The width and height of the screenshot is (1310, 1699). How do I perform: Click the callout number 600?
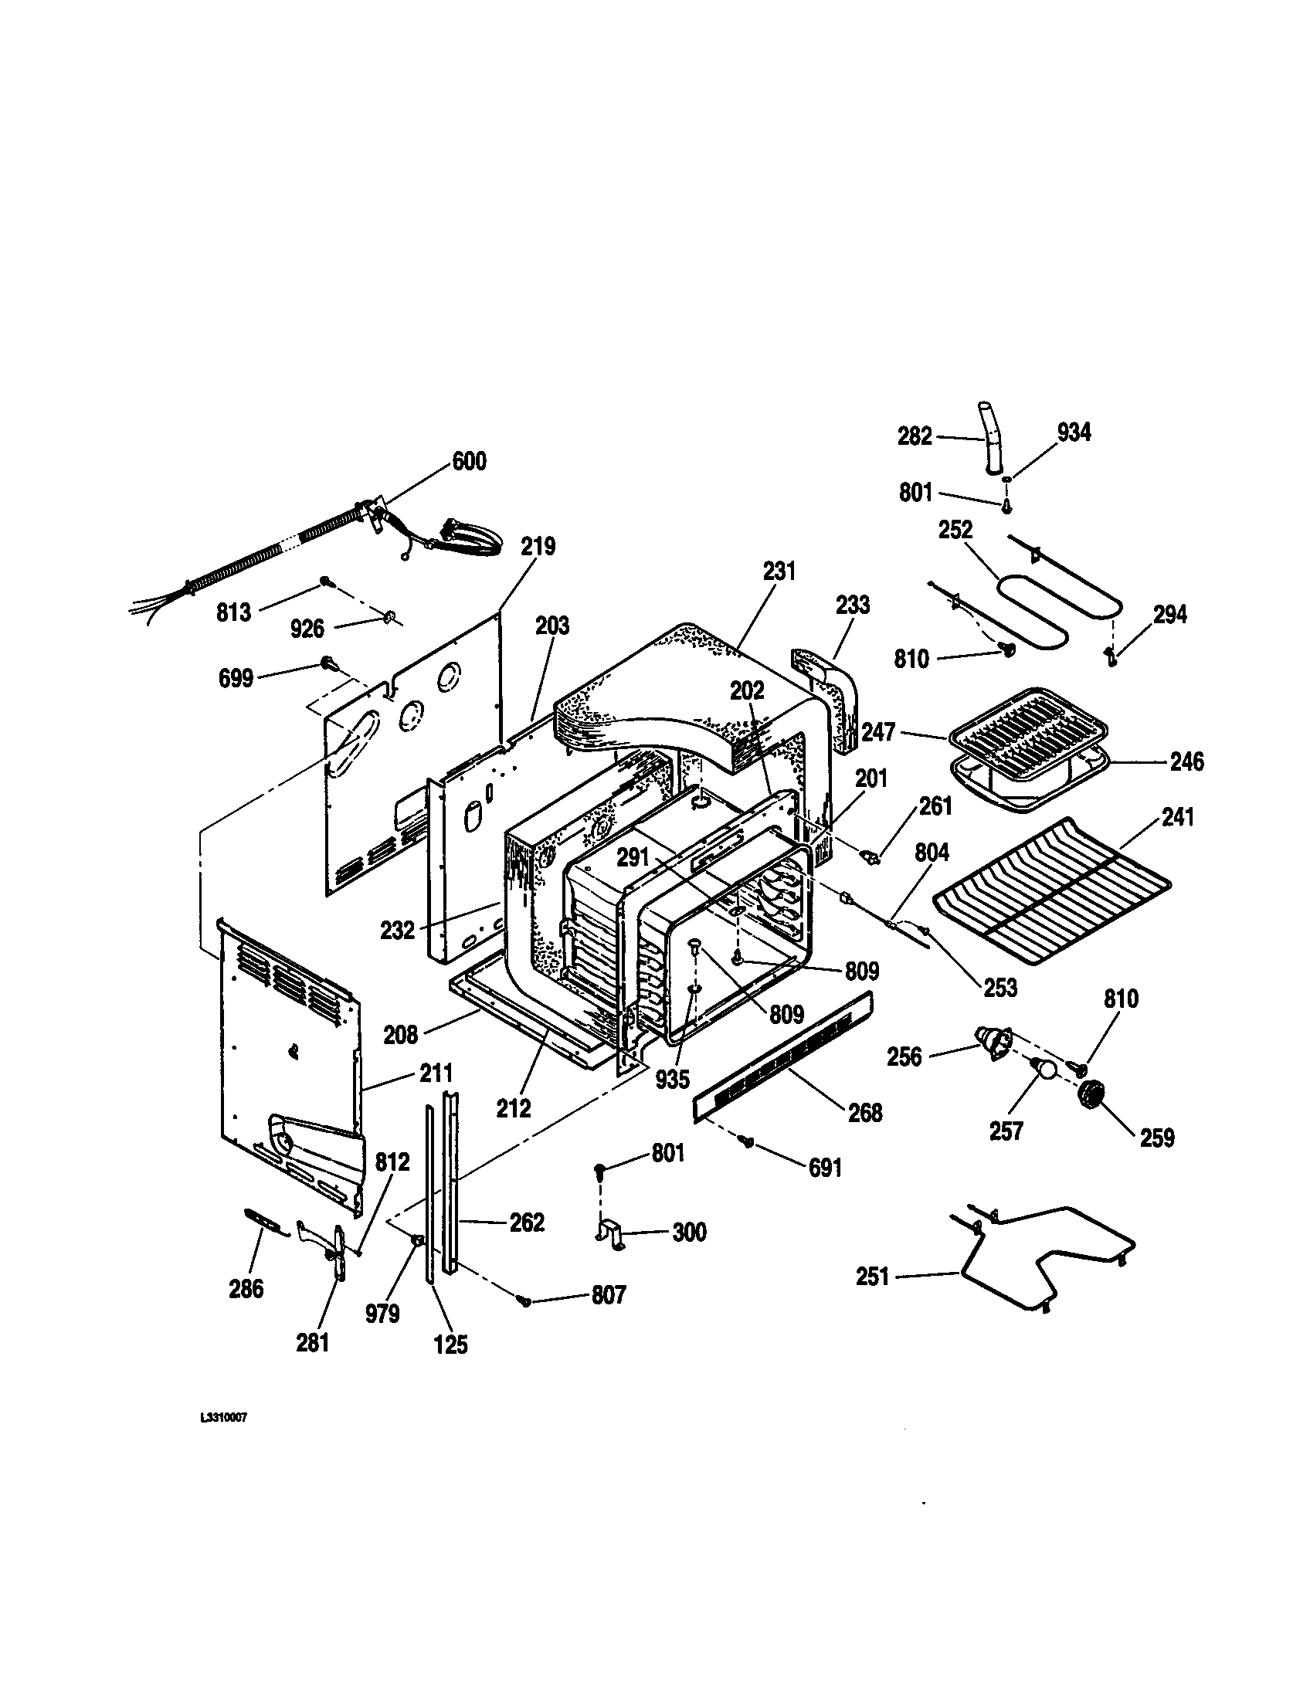click(469, 461)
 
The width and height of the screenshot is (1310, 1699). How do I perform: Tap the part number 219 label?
click(538, 547)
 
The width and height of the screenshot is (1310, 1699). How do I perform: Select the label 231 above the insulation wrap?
click(779, 571)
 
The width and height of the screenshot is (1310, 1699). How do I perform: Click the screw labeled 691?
click(748, 1141)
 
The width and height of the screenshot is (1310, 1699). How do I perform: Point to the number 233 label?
click(853, 605)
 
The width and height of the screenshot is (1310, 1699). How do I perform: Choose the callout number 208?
click(401, 1035)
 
